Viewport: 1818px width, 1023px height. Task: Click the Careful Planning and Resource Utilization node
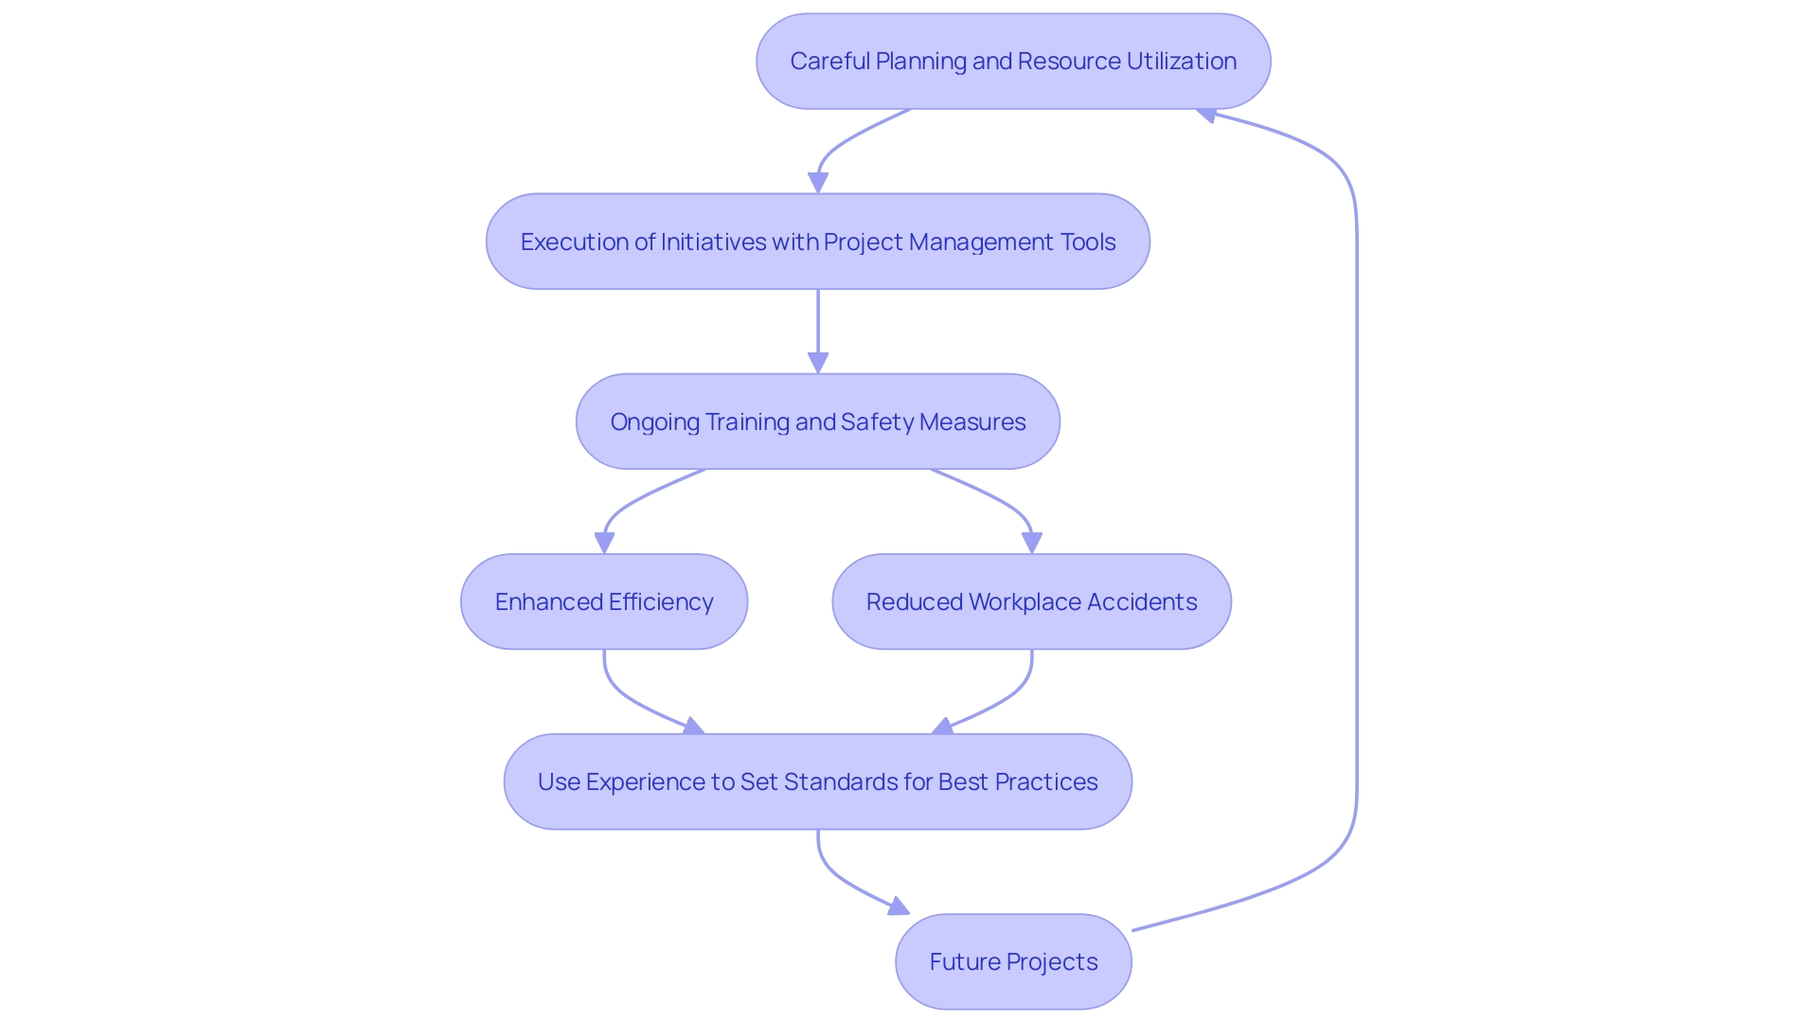click(x=1013, y=61)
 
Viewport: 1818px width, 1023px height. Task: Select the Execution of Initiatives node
click(x=818, y=242)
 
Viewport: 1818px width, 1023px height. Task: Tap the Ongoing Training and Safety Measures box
click(x=818, y=422)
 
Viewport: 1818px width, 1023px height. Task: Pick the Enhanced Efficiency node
click(x=604, y=601)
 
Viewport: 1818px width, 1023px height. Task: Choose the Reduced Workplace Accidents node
click(x=1031, y=601)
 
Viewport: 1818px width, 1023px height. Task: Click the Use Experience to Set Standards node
click(x=818, y=781)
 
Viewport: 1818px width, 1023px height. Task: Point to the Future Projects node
click(x=1013, y=961)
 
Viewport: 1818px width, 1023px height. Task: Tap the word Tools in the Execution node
click(x=1088, y=242)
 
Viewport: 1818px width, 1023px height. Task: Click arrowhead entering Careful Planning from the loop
click(x=1206, y=115)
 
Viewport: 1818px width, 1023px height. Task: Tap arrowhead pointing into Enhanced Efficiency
click(x=604, y=543)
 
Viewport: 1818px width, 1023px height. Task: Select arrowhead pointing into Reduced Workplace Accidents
click(x=1032, y=543)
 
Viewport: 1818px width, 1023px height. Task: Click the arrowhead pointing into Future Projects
click(x=899, y=907)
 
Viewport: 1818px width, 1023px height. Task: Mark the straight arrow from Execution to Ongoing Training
click(x=818, y=322)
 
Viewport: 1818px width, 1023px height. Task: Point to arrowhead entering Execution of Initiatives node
click(x=818, y=183)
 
